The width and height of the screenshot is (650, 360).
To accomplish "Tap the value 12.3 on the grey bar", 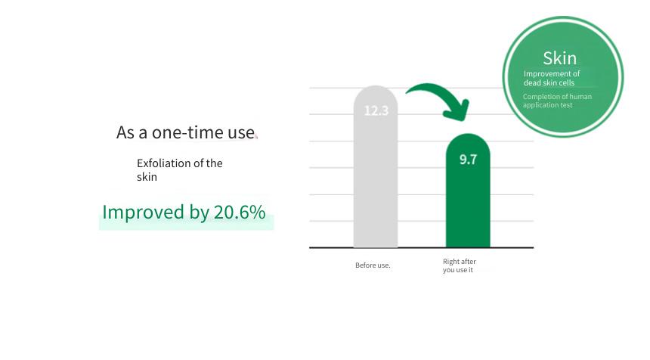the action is (376, 110).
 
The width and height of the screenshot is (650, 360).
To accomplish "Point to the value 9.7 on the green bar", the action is (468, 160).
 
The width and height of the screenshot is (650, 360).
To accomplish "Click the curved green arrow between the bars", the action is (439, 92).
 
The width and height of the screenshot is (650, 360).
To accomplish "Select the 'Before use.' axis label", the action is (373, 265).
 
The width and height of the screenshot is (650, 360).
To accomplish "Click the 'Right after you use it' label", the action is (460, 265).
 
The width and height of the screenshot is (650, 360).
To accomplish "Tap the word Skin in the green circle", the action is (559, 58).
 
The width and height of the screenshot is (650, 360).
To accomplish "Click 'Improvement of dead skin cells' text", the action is (552, 78).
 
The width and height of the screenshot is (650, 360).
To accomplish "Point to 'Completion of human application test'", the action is (557, 101).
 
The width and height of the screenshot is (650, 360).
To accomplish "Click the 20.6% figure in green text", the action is (240, 212).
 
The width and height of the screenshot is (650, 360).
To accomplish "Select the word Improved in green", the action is (143, 213).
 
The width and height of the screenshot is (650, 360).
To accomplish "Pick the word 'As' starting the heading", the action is (126, 132).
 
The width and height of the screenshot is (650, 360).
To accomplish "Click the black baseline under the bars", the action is (421, 247).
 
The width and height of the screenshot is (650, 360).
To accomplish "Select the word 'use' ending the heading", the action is (241, 133).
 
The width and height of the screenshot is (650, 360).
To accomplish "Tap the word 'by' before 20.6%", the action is (199, 213).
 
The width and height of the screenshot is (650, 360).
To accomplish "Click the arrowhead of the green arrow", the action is (457, 110).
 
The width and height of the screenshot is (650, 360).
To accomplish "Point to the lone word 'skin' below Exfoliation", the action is (147, 177).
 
